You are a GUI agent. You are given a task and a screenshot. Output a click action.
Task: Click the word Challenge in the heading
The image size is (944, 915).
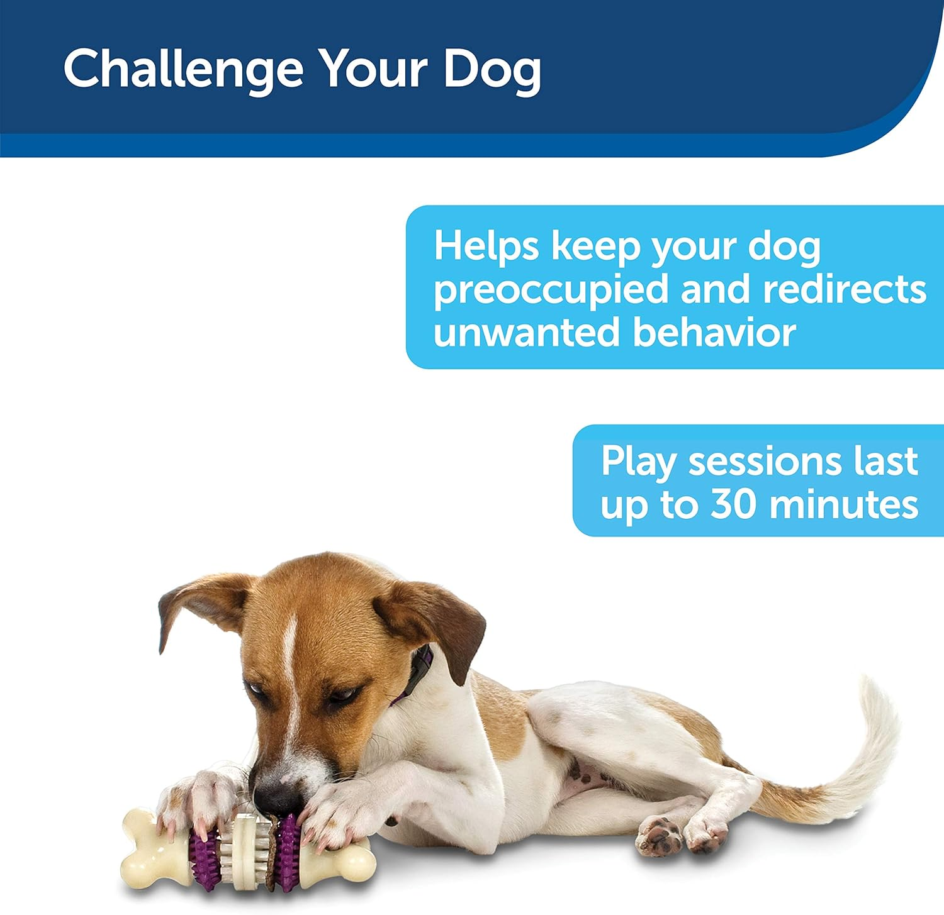pyautogui.click(x=183, y=69)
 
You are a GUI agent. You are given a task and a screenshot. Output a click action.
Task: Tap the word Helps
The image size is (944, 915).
pyautogui.click(x=486, y=247)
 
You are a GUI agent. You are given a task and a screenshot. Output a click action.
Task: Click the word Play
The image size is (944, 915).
pyautogui.click(x=639, y=463)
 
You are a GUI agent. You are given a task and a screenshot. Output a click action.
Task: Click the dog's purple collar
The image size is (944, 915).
pyautogui.click(x=419, y=673)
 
